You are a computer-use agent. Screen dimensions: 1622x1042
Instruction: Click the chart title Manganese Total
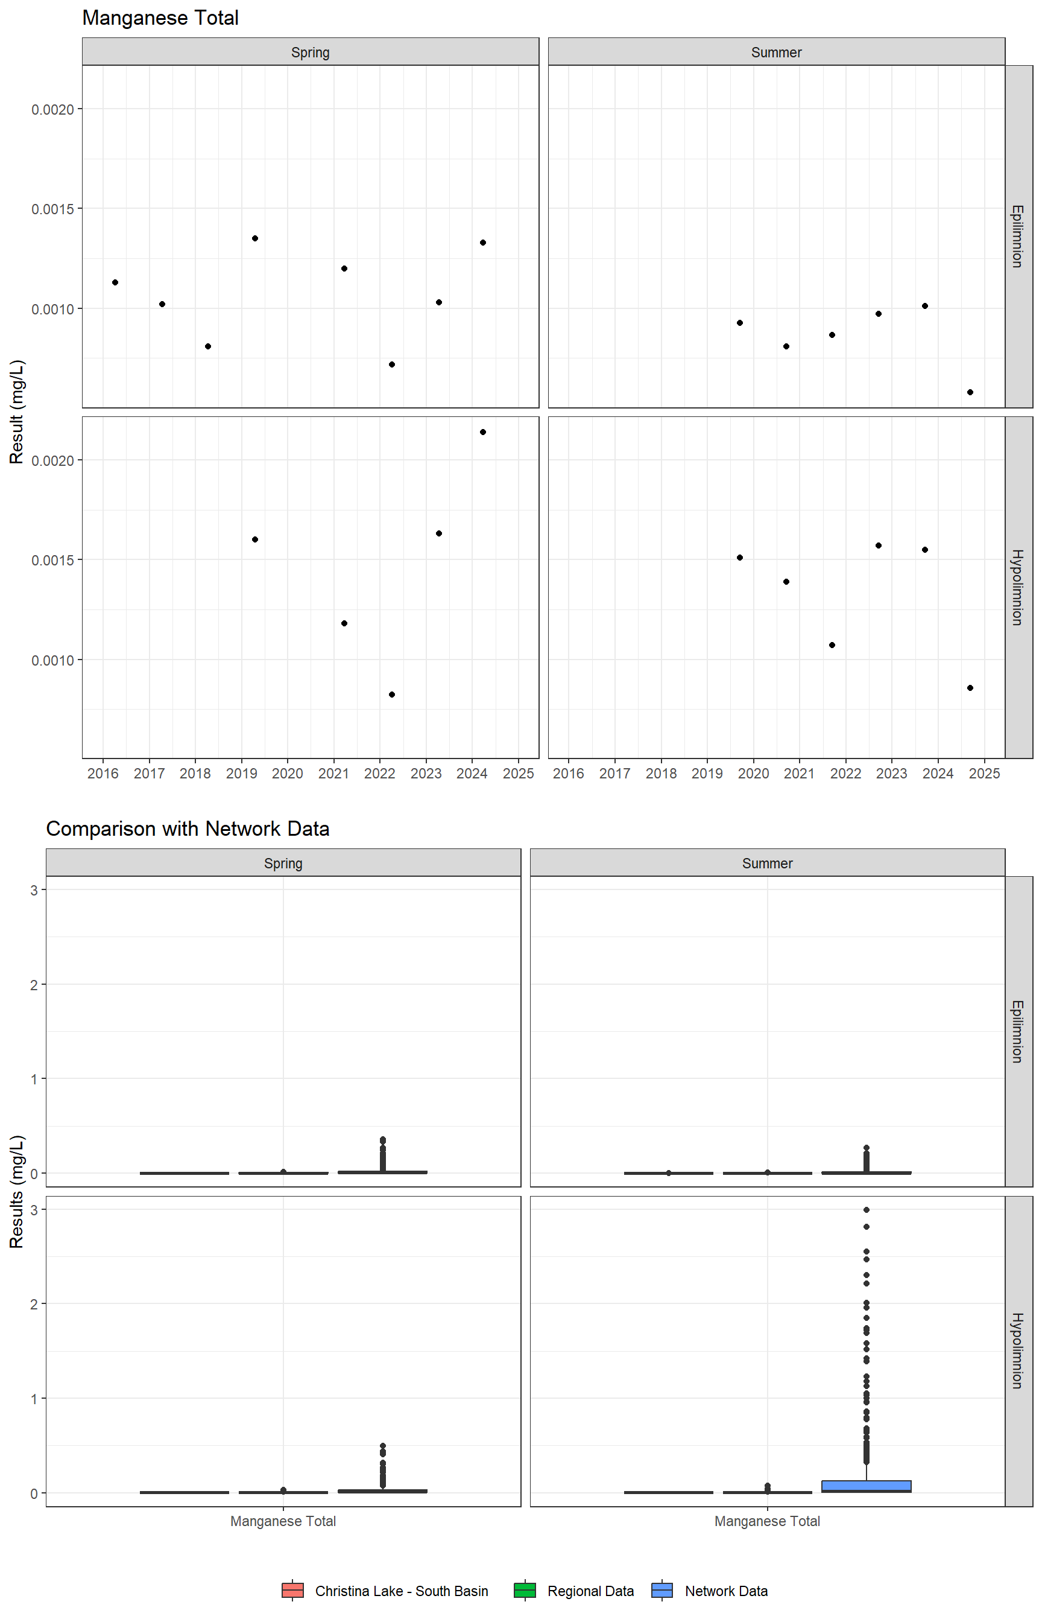point(160,18)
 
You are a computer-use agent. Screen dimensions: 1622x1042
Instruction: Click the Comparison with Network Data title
point(188,828)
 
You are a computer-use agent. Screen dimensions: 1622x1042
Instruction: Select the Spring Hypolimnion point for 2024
point(482,432)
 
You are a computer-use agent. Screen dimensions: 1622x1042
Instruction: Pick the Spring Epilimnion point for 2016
point(115,282)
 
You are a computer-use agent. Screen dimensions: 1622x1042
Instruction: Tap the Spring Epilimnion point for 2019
point(255,238)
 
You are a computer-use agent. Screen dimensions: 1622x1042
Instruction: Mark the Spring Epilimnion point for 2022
point(392,364)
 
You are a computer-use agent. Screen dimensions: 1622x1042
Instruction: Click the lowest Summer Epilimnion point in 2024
point(970,392)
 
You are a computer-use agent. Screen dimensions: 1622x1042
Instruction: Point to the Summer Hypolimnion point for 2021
point(832,645)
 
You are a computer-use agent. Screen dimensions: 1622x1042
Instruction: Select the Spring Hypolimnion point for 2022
point(392,695)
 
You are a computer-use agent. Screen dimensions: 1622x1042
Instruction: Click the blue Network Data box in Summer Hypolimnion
point(866,1486)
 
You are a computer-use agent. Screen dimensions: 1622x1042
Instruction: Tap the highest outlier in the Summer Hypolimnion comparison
point(866,1210)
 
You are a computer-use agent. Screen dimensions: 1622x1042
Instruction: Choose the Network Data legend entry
point(710,1591)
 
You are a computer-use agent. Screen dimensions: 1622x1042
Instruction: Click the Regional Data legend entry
point(575,1591)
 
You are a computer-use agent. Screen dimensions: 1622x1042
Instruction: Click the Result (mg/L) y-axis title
point(17,412)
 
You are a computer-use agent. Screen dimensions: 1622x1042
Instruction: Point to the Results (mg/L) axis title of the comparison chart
point(17,1191)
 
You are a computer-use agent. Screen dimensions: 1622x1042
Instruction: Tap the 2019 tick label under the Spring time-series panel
point(242,773)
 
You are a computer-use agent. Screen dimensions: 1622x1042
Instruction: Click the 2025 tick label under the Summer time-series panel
point(984,773)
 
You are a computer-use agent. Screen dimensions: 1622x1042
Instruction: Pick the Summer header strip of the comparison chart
point(766,863)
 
